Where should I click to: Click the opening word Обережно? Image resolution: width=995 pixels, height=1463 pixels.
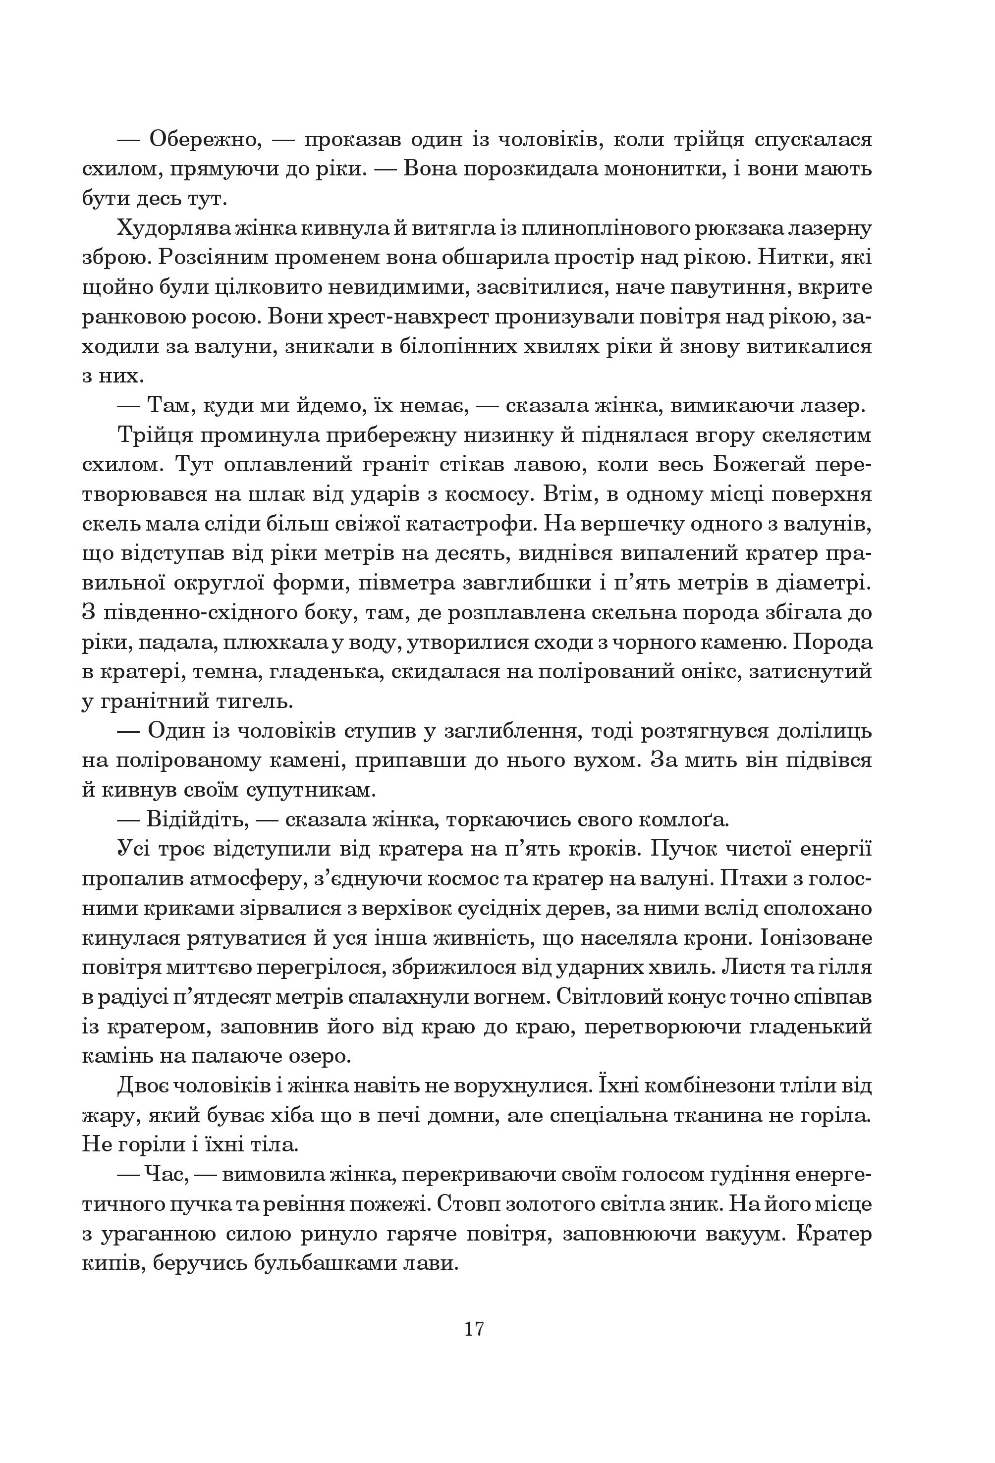coord(203,139)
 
